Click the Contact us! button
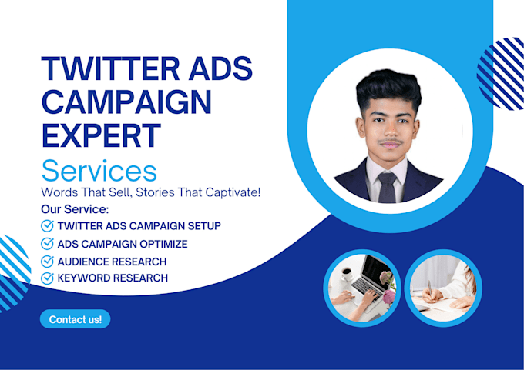click(x=76, y=319)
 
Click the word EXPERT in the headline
click(x=102, y=135)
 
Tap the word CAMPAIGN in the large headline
click(x=127, y=102)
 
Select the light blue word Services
click(x=99, y=171)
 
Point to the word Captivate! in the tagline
click(x=233, y=192)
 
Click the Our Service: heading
click(x=75, y=209)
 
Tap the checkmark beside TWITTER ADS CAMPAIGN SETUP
click(x=47, y=226)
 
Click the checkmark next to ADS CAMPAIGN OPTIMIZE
click(x=47, y=244)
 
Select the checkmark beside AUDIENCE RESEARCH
click(x=47, y=262)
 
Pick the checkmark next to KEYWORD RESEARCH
click(x=47, y=278)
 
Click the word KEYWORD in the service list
click(x=82, y=278)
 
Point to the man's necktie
click(x=388, y=188)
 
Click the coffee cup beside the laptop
click(x=346, y=273)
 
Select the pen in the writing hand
click(x=430, y=287)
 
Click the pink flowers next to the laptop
click(x=388, y=287)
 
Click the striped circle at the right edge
click(x=501, y=73)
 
